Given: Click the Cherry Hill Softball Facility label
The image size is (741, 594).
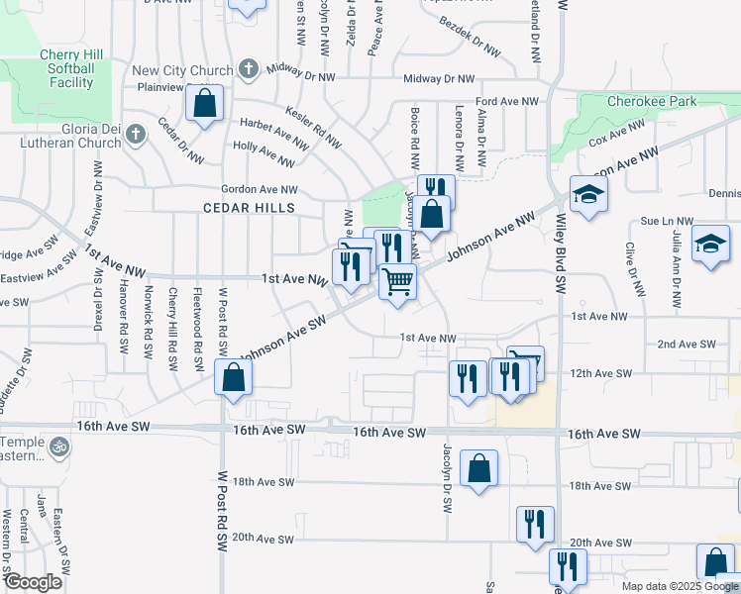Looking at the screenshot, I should pyautogui.click(x=67, y=69).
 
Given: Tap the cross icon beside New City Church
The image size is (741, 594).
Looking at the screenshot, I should pyautogui.click(x=248, y=70).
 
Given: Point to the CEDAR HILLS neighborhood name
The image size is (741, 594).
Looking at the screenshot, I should pyautogui.click(x=249, y=208).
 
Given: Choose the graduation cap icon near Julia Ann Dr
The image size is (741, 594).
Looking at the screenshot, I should pyautogui.click(x=710, y=244).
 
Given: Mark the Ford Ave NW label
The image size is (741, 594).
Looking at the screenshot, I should pyautogui.click(x=507, y=101).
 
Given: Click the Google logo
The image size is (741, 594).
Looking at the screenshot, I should pyautogui.click(x=32, y=582).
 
